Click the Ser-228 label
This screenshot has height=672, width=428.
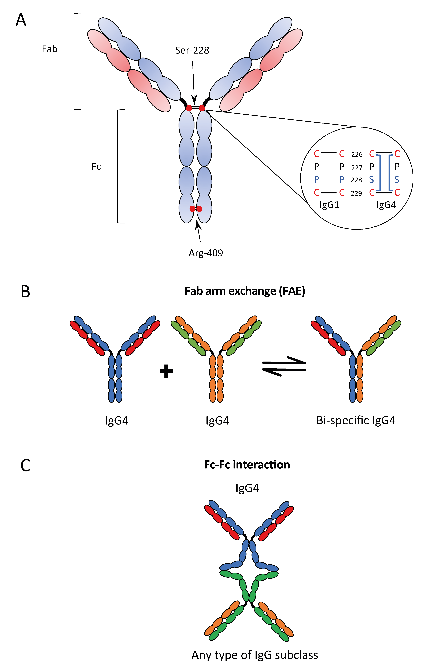tap(192, 50)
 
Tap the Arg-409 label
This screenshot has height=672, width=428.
tap(206, 253)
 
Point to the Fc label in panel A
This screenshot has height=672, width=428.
tap(96, 167)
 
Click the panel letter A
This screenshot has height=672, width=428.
tap(21, 20)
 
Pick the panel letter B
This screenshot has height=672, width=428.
tap(25, 292)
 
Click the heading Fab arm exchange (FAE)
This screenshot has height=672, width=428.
tap(245, 291)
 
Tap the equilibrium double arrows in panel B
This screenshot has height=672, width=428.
tap(284, 366)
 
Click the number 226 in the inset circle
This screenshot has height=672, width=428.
tap(357, 154)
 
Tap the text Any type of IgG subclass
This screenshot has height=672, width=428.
tap(255, 655)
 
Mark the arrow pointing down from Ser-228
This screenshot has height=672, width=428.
tap(194, 81)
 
